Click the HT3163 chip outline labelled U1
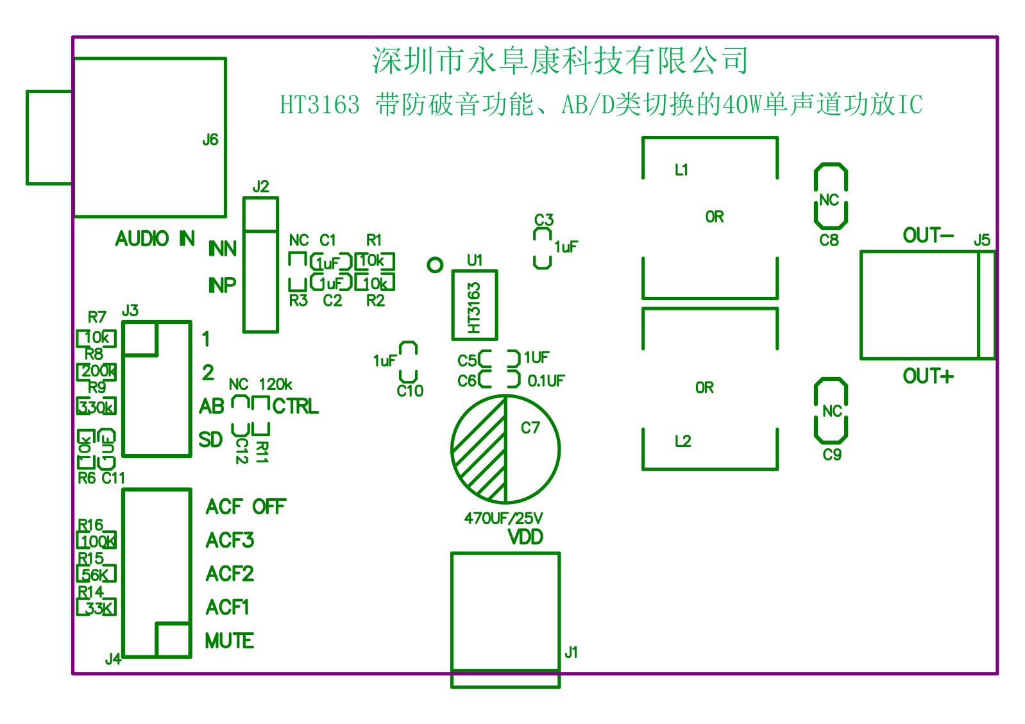coord(474,305)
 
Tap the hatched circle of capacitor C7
coord(505,448)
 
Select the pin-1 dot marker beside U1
coord(435,265)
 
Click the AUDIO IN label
coord(155,239)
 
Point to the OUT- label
coord(928,236)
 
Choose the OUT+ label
coord(928,376)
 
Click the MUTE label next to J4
coord(229,641)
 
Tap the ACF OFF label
coord(246,507)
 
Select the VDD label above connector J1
coord(525,537)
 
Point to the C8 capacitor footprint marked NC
coord(831,196)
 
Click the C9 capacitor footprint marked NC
coord(831,410)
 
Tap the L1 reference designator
coord(681,170)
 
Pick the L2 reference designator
coord(682,442)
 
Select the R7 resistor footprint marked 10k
coord(96,337)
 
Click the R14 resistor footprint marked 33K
coord(96,607)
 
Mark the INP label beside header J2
coord(222,285)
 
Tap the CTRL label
coord(295,407)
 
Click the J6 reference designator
coord(210,140)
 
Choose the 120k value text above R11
coord(275,385)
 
